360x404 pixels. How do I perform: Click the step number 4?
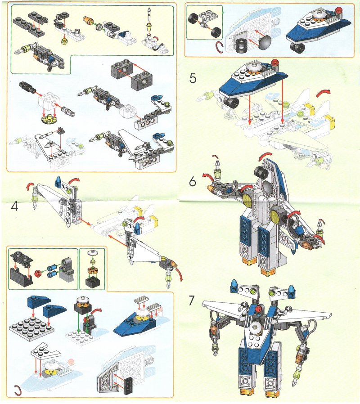tap(15, 206)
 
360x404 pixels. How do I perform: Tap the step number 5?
tap(193, 78)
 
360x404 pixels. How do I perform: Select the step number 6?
tap(193, 182)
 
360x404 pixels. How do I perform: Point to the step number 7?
tap(191, 301)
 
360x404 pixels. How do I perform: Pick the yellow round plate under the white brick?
tap(49, 120)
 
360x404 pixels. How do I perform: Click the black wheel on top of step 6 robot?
tap(262, 172)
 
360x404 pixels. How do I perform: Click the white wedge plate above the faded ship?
tap(45, 352)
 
